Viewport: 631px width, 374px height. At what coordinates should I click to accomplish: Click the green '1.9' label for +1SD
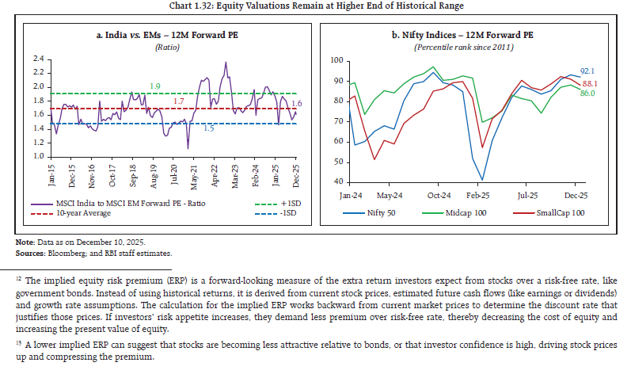point(157,86)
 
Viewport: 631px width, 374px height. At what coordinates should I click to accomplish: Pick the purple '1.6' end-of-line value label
point(296,103)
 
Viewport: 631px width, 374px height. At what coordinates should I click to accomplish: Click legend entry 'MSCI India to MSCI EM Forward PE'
point(116,203)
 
